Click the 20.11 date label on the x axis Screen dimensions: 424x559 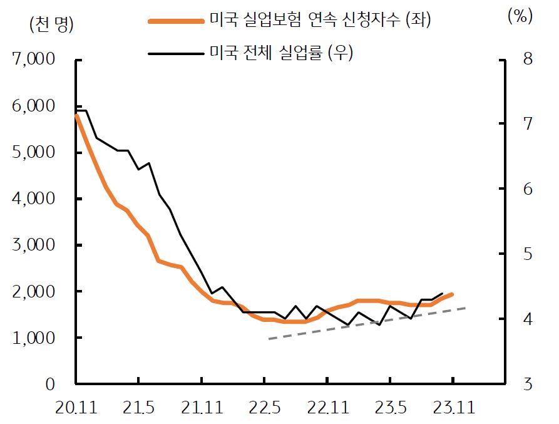click(75, 408)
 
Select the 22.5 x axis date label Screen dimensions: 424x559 click(264, 408)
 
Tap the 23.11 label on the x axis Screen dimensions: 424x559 click(453, 408)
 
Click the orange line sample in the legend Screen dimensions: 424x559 click(176, 21)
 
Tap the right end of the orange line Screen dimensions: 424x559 click(452, 294)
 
